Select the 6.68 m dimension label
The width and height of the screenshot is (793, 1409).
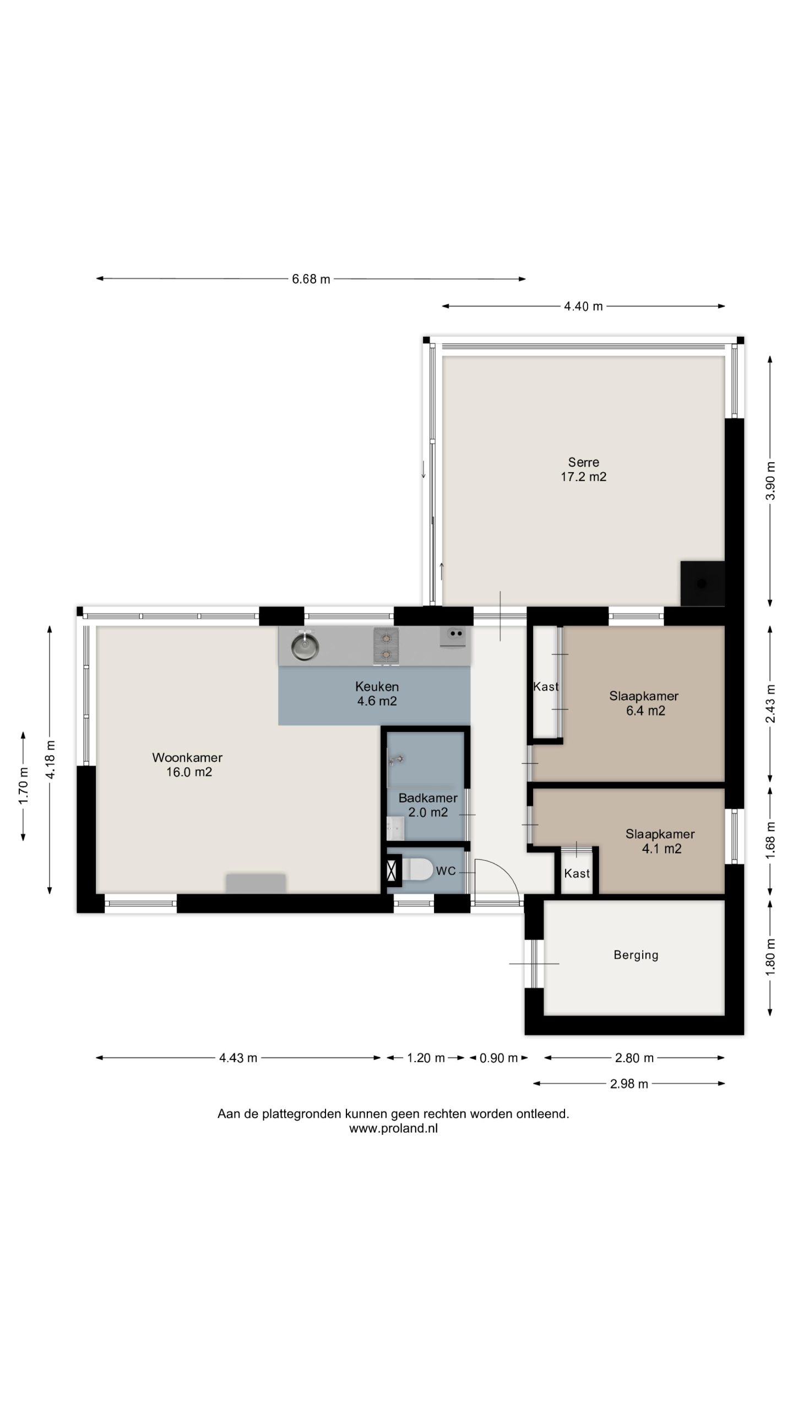pyautogui.click(x=311, y=279)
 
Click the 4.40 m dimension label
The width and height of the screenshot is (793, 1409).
pyautogui.click(x=583, y=307)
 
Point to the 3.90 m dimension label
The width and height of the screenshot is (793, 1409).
pyautogui.click(x=770, y=480)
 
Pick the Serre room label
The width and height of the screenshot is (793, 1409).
pyautogui.click(x=584, y=462)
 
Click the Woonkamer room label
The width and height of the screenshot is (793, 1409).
pyautogui.click(x=187, y=757)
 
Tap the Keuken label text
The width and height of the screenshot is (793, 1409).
pyautogui.click(x=377, y=686)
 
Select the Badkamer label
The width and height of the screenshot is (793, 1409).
pyautogui.click(x=428, y=798)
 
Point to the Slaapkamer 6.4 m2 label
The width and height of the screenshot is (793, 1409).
pyautogui.click(x=644, y=703)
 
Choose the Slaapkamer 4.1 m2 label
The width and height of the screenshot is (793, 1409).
pyautogui.click(x=660, y=841)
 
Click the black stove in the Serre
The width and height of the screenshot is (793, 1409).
pyautogui.click(x=702, y=583)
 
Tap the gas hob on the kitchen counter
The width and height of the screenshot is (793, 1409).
pyautogui.click(x=386, y=646)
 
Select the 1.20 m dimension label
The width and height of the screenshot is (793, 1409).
pyautogui.click(x=426, y=1058)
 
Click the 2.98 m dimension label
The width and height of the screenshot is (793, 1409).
pyautogui.click(x=629, y=1084)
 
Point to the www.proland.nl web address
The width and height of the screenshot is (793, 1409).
pyautogui.click(x=393, y=1128)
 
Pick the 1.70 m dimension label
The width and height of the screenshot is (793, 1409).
pyautogui.click(x=24, y=785)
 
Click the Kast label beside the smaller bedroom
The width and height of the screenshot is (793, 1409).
pyautogui.click(x=577, y=873)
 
